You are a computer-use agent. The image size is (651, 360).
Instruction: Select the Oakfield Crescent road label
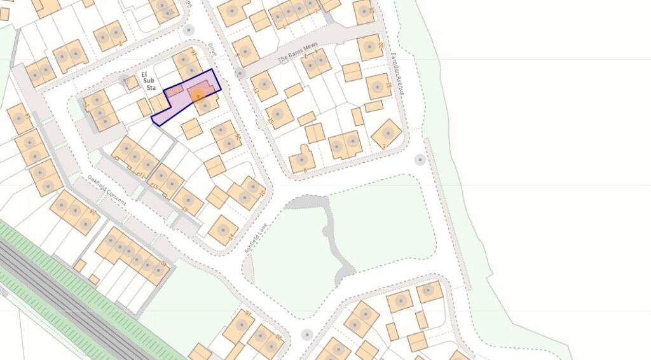(107, 189)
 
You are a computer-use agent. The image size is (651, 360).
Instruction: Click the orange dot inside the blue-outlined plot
(198, 96)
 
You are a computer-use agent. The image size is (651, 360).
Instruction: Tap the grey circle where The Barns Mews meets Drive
(240, 74)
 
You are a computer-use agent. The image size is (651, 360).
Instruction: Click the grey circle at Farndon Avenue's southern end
(420, 160)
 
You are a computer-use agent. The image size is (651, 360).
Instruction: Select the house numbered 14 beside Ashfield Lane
(223, 230)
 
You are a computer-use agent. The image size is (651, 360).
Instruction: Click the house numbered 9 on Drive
(245, 50)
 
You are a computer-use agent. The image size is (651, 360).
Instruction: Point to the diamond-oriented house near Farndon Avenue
(387, 134)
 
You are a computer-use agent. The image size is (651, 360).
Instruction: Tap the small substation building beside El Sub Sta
(131, 82)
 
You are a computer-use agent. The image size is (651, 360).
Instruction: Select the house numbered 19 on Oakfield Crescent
(188, 201)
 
